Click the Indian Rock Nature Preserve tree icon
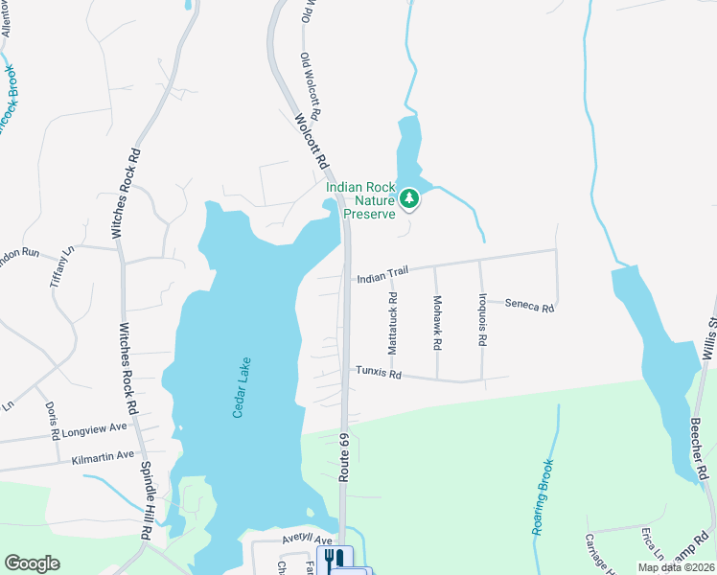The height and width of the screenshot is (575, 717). pyautogui.click(x=410, y=198)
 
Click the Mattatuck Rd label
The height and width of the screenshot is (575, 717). pyautogui.click(x=392, y=327)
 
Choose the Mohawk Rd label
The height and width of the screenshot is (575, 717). pyautogui.click(x=436, y=322)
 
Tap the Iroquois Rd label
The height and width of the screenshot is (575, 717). pyautogui.click(x=483, y=319)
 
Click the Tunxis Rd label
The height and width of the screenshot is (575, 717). pyautogui.click(x=378, y=372)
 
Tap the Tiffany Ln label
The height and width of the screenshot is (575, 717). pyautogui.click(x=67, y=267)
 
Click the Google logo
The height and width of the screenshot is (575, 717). pyautogui.click(x=32, y=563)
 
